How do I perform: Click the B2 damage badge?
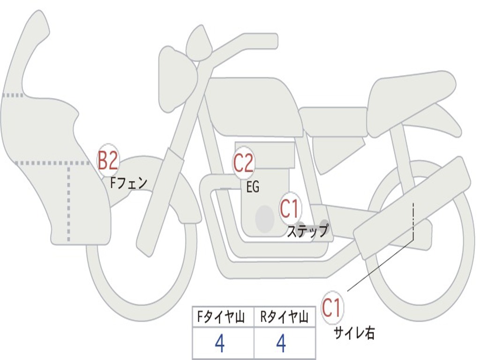107,160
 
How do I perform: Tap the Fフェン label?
128,183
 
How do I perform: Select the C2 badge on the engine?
243,163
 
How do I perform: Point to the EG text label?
253,187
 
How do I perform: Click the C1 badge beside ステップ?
289,209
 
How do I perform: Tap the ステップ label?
307,231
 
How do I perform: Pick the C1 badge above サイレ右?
332,308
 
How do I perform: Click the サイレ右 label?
354,333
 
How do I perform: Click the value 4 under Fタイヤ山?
219,344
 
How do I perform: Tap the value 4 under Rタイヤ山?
281,344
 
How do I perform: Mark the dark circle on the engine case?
264,218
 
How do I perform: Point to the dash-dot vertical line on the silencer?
413,220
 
